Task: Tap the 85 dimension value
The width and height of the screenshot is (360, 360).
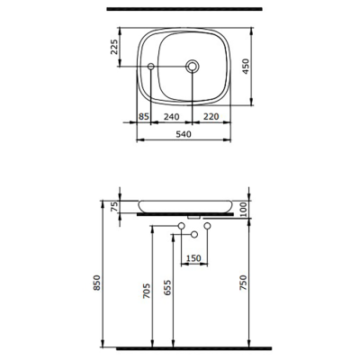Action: pos(144,117)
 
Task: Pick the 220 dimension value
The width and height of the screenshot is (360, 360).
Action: pos(212,117)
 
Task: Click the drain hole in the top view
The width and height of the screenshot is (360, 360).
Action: pos(193,67)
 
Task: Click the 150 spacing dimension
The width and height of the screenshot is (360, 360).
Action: pos(193,259)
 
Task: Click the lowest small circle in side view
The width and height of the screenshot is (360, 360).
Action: pos(193,235)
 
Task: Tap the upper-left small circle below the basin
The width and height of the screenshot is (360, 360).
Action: pos(181,224)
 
